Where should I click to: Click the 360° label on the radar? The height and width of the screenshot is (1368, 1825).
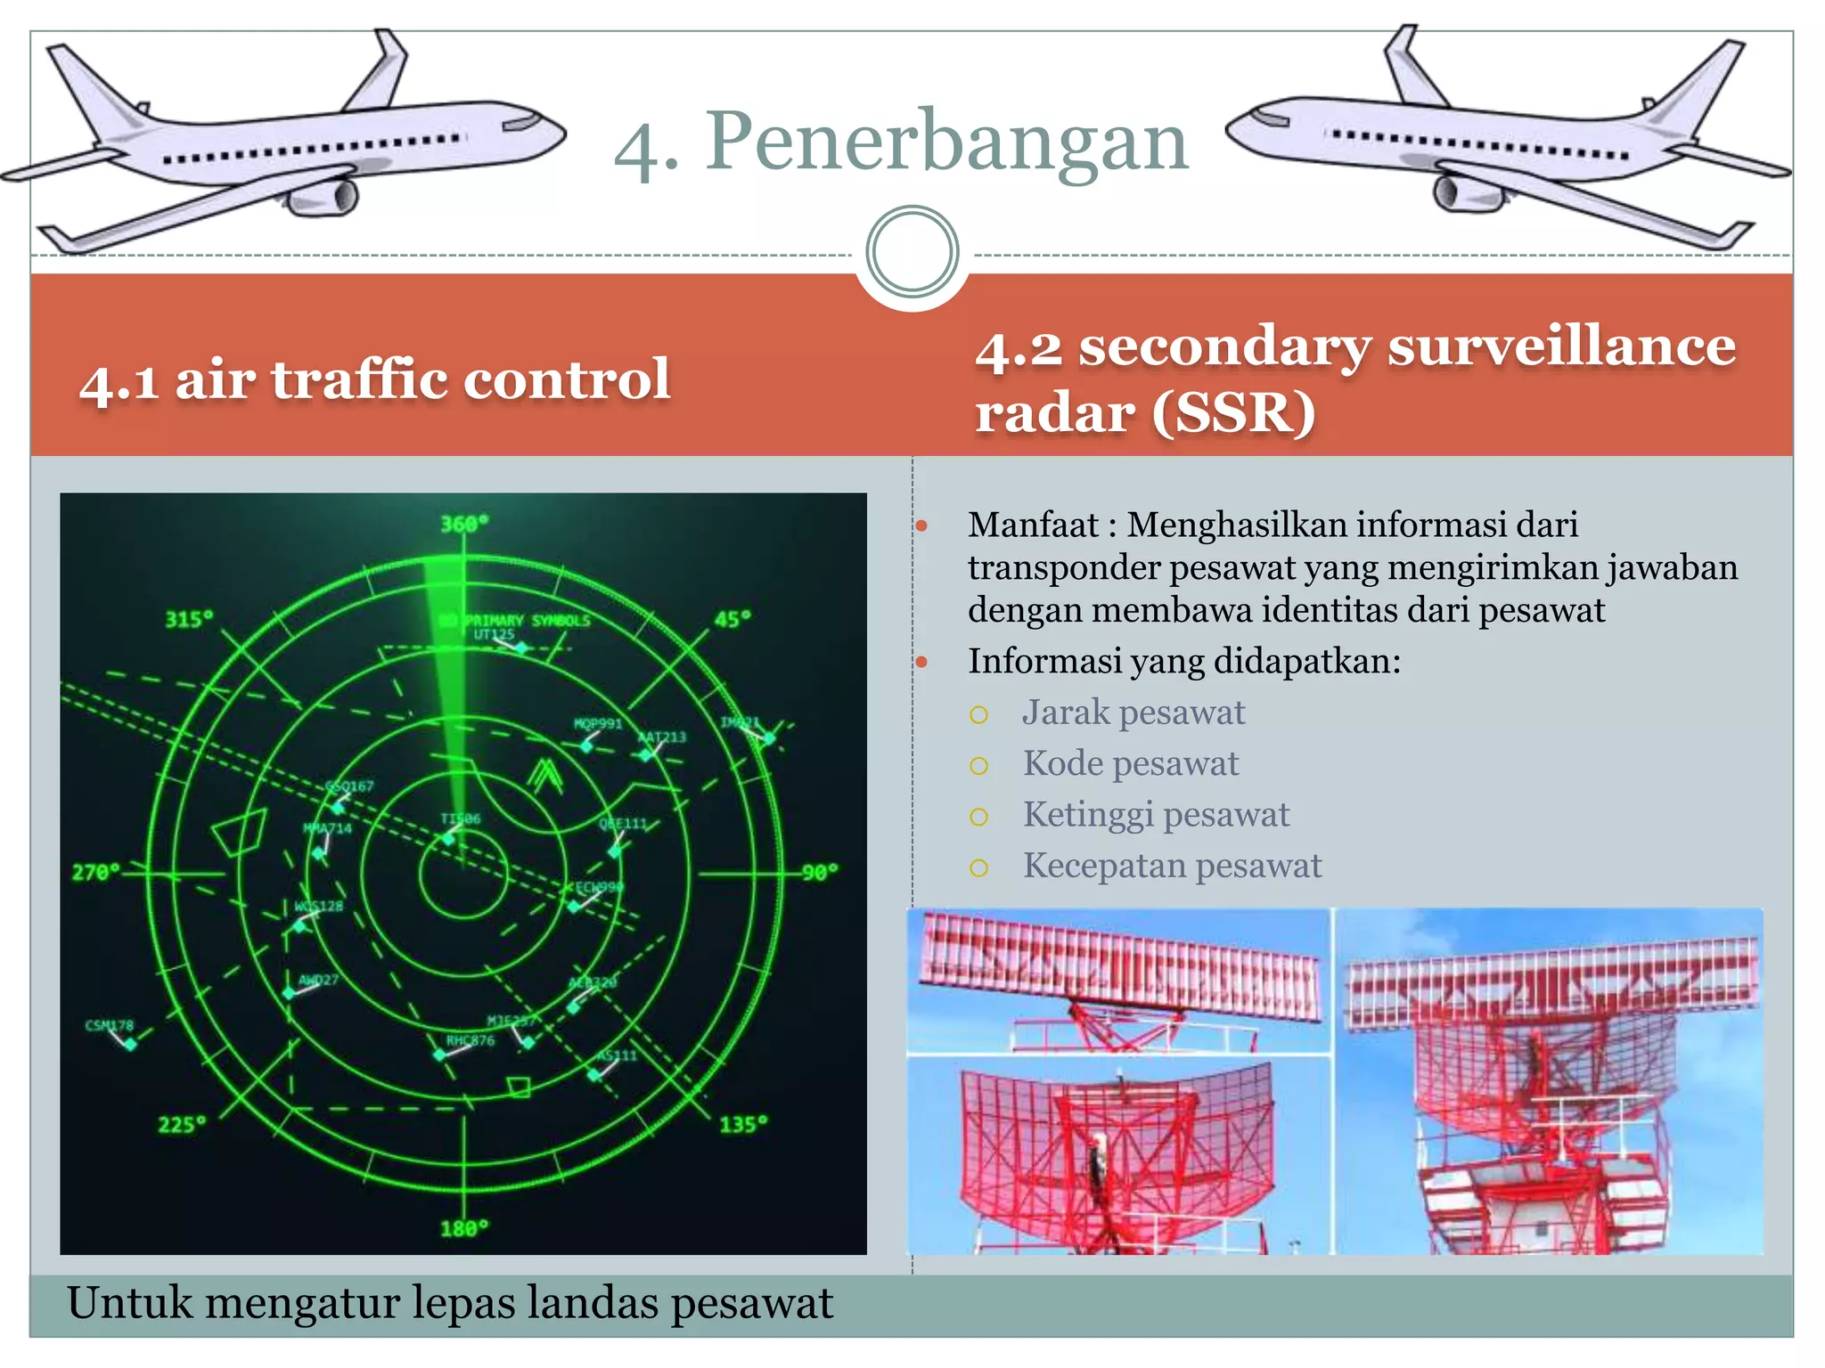pos(464,524)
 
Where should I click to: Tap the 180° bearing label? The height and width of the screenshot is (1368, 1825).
pos(464,1229)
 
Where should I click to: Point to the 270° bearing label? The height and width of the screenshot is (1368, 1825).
pos(95,872)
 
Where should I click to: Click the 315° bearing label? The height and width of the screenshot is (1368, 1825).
pos(189,619)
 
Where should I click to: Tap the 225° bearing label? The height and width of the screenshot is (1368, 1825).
pos(182,1125)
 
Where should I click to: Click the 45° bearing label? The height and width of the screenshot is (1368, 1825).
pos(732,618)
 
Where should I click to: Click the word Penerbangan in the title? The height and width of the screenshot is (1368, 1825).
pos(947,142)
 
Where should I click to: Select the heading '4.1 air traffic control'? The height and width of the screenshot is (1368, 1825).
pos(374,380)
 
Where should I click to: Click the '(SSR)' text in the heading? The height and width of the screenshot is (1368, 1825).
pos(1233,413)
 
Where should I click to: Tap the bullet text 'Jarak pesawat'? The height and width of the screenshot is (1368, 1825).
pos(1133,712)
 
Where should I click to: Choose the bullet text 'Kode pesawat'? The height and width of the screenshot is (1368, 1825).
pos(1130,763)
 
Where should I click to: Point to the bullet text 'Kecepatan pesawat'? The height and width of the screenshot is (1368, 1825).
pos(1172,866)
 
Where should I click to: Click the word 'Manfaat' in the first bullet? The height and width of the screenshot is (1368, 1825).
pos(1033,525)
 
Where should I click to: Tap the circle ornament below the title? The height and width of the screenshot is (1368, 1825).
pos(912,252)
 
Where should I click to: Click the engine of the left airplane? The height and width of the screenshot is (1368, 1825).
pos(325,198)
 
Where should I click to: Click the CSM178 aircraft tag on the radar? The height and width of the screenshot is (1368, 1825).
pos(110,1025)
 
